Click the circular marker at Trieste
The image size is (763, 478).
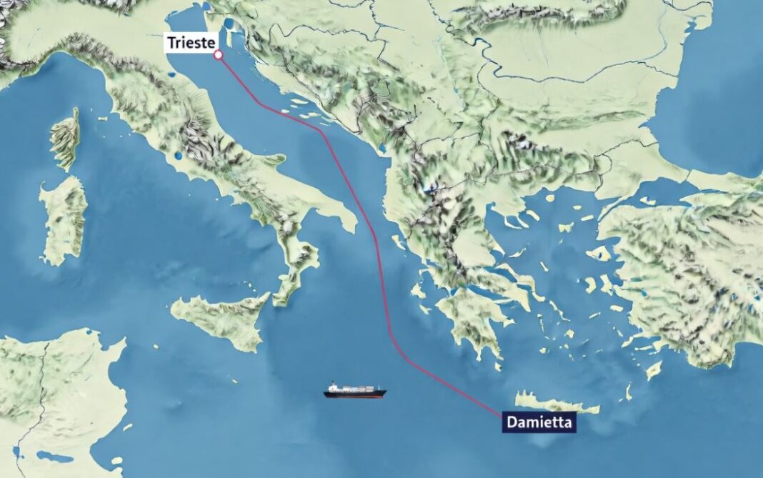(x=218, y=54)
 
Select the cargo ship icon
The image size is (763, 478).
(x=355, y=390)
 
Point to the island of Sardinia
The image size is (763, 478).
(x=63, y=218)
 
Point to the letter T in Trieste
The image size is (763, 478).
(x=171, y=42)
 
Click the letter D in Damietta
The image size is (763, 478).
(x=510, y=422)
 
